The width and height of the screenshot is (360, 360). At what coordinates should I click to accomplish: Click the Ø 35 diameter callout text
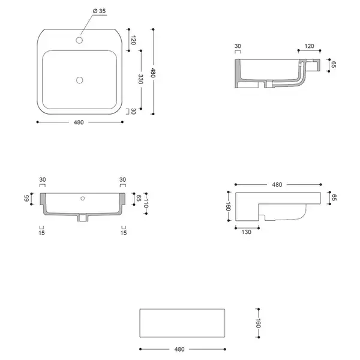(x=99, y=11)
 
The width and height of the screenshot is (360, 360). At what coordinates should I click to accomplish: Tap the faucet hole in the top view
(x=79, y=40)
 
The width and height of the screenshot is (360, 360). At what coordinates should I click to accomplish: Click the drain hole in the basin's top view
(x=79, y=80)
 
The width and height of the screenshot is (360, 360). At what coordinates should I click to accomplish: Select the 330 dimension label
(x=140, y=79)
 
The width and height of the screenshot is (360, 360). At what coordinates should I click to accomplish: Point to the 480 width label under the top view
(x=79, y=122)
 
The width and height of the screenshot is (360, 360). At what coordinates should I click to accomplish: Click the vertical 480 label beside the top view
(x=153, y=73)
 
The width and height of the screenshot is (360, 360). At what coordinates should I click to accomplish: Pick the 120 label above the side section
(x=309, y=46)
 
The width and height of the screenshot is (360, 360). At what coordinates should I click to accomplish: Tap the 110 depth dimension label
(x=146, y=203)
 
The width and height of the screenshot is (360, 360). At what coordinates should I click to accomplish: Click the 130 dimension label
(x=247, y=232)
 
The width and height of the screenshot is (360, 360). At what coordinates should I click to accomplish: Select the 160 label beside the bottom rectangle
(x=258, y=323)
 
